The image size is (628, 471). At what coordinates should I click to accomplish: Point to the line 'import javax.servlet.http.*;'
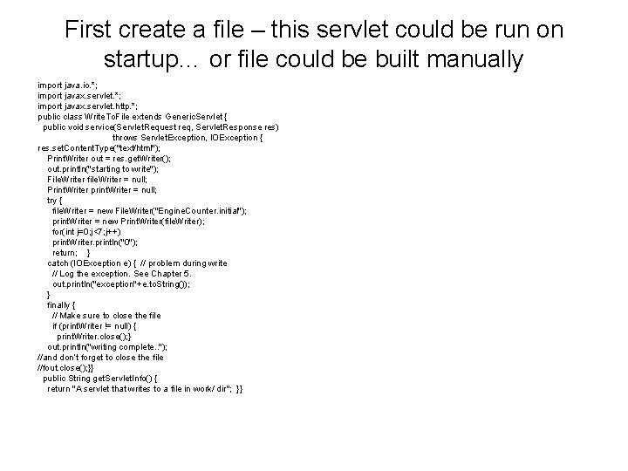(86, 106)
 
